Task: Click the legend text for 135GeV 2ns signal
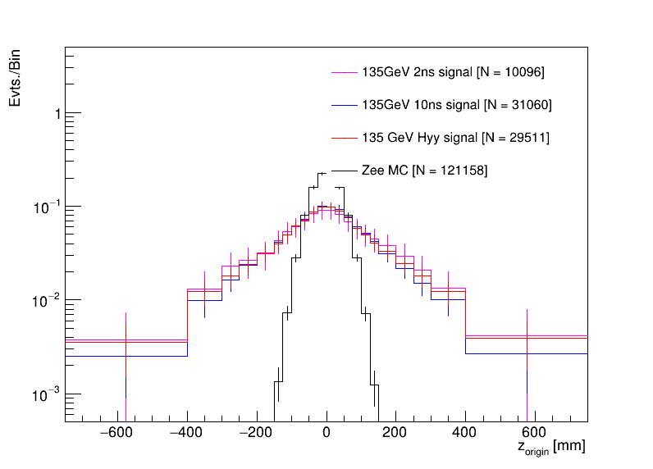[x=453, y=72]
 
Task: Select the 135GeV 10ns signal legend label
[x=456, y=105]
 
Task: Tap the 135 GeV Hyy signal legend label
[x=455, y=138]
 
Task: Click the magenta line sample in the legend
[x=340, y=72]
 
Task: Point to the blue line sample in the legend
[x=340, y=105]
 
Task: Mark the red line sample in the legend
[x=340, y=138]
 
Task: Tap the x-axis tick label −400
[x=185, y=433]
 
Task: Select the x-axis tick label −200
[x=255, y=433]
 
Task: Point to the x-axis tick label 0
[x=326, y=433]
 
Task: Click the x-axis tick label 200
[x=396, y=433]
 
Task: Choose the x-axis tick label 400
[x=466, y=433]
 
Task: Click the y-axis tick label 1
[x=57, y=114]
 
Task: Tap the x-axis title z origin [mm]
[x=550, y=449]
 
